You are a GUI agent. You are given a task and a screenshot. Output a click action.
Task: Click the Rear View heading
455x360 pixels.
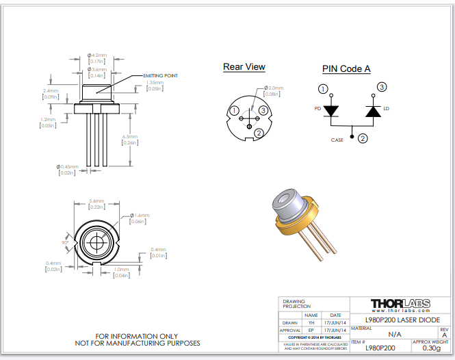point(244,67)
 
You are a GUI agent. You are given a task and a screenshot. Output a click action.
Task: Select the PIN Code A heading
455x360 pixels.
point(346,69)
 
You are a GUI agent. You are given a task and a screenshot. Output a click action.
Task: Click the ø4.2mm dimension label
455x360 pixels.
point(97,55)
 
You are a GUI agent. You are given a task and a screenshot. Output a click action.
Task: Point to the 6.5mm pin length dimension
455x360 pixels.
point(130,137)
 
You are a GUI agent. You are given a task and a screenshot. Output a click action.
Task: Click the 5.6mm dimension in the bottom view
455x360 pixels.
point(97,201)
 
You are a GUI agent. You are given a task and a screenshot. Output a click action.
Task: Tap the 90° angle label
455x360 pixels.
point(66,242)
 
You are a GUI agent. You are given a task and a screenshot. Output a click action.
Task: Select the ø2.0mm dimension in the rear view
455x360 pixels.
point(274,88)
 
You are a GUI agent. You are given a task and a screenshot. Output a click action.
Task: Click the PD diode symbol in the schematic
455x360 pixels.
point(332,110)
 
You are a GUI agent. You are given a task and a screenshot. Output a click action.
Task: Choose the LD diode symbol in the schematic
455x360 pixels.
point(373,110)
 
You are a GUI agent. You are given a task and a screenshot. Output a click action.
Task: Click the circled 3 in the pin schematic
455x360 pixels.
point(382,87)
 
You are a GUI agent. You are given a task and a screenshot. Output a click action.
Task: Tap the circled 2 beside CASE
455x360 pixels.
point(363,138)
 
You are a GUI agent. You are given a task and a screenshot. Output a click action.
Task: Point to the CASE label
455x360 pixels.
point(337,140)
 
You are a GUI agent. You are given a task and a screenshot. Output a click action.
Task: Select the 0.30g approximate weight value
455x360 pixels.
point(431,348)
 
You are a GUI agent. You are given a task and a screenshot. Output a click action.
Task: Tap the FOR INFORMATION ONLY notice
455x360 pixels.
point(137,336)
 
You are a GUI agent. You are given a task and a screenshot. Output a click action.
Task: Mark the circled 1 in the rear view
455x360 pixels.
point(234,111)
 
